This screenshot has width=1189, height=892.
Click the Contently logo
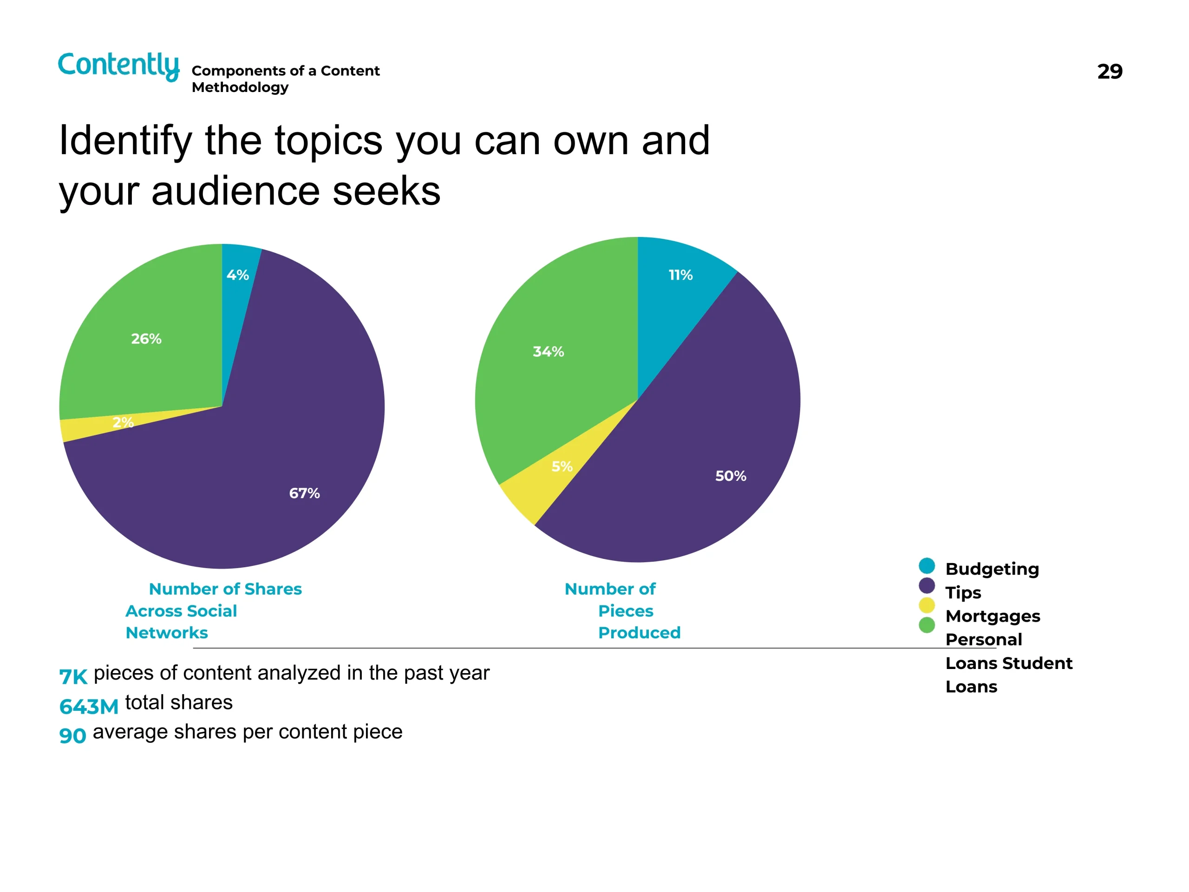[118, 66]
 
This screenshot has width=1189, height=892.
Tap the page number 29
[1110, 72]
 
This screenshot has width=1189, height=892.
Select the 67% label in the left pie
[304, 493]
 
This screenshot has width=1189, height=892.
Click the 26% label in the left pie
[146, 339]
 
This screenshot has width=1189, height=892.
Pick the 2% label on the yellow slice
[123, 423]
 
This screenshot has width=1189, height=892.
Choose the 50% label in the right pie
[731, 476]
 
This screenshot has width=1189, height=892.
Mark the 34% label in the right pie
[548, 352]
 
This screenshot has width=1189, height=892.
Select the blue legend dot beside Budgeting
[927, 566]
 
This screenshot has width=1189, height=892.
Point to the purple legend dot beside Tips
[927, 585]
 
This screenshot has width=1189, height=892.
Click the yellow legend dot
[927, 605]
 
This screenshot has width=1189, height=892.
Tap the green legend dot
[927, 625]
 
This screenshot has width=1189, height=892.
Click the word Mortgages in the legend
[992, 616]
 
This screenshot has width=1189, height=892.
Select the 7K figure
[73, 677]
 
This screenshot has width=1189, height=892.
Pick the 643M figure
[89, 707]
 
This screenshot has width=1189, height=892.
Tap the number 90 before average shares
[72, 735]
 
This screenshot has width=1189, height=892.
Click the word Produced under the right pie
[639, 633]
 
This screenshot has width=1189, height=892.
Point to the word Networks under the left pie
[167, 633]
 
